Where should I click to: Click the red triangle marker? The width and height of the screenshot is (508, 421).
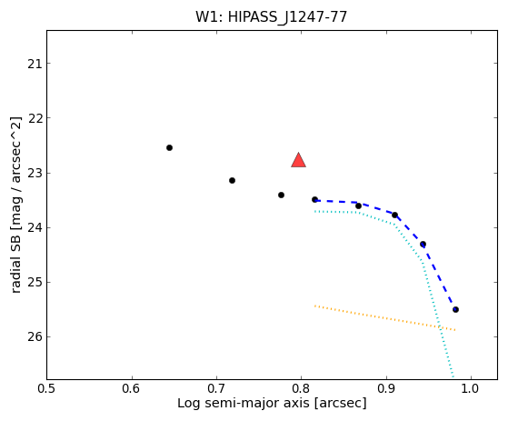coord(298,160)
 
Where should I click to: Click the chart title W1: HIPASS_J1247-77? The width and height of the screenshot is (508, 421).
coord(271,17)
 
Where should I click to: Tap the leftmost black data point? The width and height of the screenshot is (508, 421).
coord(169,148)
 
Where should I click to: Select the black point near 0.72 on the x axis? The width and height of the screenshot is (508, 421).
coord(232,181)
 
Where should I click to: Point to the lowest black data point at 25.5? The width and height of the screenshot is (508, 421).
coord(455,309)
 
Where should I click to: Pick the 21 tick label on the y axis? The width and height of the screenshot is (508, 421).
coord(35,64)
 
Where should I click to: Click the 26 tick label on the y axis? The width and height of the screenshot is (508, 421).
coord(35,337)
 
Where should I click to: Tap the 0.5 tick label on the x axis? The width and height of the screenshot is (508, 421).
coord(47,388)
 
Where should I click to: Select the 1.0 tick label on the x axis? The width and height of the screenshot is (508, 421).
coord(471,388)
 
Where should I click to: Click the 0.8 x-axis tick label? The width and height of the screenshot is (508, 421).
coord(301,388)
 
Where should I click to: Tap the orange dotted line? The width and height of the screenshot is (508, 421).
coord(385,318)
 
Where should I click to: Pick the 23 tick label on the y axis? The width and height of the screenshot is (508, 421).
coord(35,173)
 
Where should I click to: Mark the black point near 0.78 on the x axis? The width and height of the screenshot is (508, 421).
coord(281,195)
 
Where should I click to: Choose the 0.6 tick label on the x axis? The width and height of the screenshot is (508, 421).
coord(132,388)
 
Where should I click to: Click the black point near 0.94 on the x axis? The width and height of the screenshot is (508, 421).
coord(423,244)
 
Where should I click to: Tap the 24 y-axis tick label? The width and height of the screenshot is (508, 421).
coord(35,228)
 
